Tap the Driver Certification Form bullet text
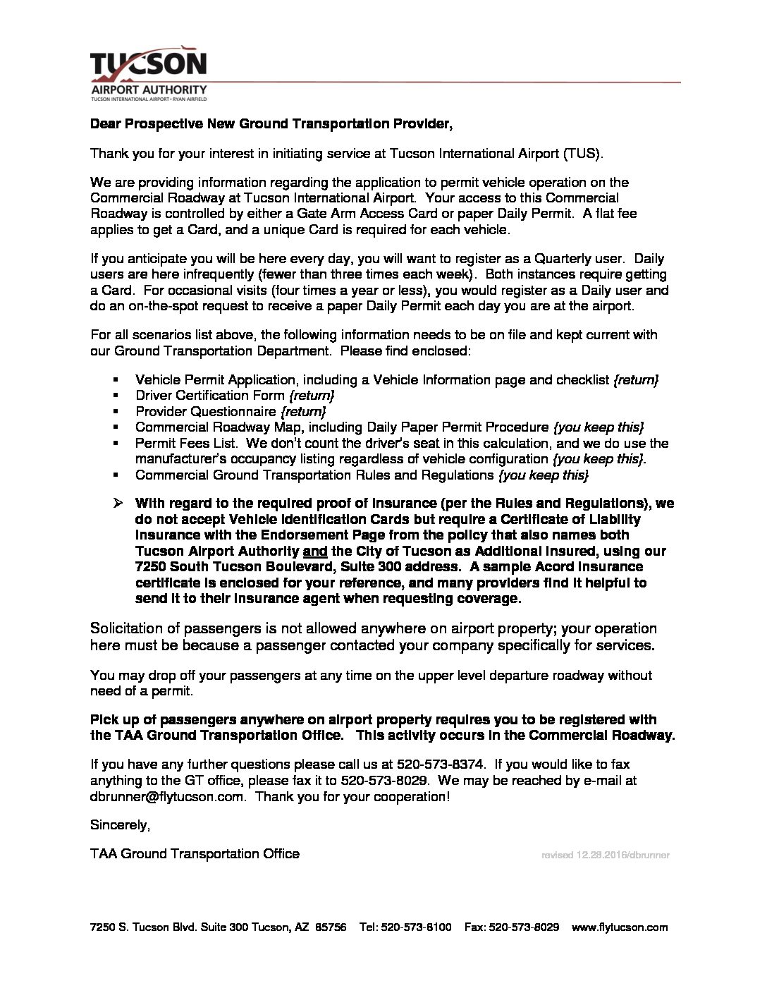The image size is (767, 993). click(x=210, y=396)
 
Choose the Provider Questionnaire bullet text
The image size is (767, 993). click(x=206, y=412)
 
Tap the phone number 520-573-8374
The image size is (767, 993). click(x=441, y=764)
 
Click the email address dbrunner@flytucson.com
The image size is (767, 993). click(x=168, y=797)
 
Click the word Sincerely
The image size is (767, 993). click(x=120, y=825)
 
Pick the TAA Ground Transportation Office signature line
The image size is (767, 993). click(x=195, y=854)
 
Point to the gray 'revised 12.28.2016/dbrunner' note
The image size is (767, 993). click(x=605, y=855)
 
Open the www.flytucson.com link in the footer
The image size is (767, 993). click(x=620, y=927)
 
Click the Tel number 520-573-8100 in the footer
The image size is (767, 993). click(x=416, y=927)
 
